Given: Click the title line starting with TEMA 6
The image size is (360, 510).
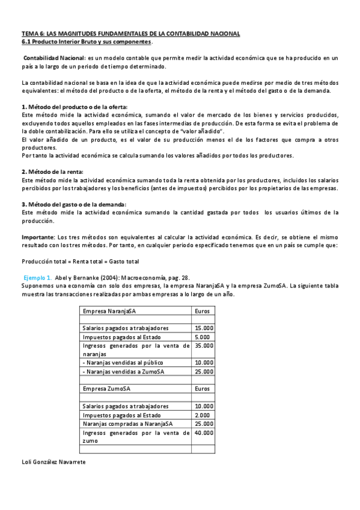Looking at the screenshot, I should pyautogui.click(x=130, y=33).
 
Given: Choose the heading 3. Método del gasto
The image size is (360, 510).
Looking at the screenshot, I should pyautogui.click(x=73, y=204).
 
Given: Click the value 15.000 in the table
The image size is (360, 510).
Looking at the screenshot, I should pyautogui.click(x=204, y=328).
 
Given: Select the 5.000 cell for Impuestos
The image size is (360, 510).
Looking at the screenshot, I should pyautogui.click(x=203, y=337).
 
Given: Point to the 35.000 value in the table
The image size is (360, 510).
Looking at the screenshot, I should pyautogui.click(x=204, y=346).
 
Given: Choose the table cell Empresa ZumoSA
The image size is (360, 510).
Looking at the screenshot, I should pyautogui.click(x=103, y=389).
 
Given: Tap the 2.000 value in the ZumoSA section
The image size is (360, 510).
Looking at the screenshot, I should pyautogui.click(x=203, y=415).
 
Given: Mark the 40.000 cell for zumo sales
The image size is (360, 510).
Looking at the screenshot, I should pyautogui.click(x=204, y=432).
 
